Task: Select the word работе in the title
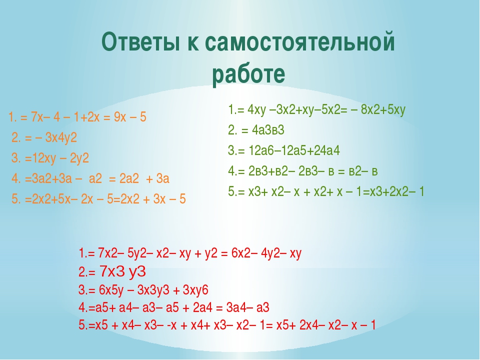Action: [248, 74]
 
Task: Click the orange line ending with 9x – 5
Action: [77, 117]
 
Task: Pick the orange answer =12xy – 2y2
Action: [57, 158]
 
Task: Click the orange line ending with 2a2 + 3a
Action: [90, 178]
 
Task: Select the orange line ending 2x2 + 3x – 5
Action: [98, 199]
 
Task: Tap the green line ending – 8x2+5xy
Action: [317, 109]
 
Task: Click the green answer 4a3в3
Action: [268, 130]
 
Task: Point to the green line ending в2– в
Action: [303, 171]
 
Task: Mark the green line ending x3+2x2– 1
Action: [326, 191]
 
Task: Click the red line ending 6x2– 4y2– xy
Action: [190, 253]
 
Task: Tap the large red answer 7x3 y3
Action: [123, 271]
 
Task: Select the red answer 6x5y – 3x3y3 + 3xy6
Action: [153, 290]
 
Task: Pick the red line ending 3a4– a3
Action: [174, 307]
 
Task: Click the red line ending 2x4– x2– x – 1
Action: [227, 325]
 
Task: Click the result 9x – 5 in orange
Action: [130, 117]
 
